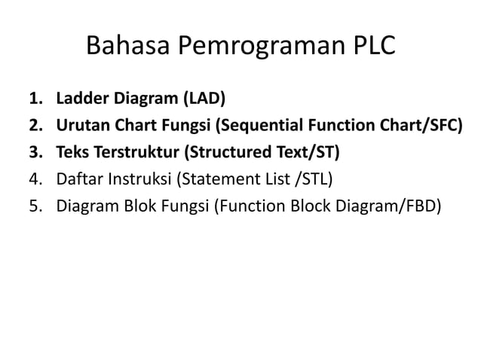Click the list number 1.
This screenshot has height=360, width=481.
[35, 99]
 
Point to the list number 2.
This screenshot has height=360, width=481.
[35, 125]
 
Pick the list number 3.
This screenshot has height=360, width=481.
[35, 152]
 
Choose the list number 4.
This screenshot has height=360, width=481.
[35, 178]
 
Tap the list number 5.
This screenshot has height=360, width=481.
[35, 205]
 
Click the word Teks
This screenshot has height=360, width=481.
[72, 152]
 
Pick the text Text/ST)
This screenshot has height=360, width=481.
[308, 152]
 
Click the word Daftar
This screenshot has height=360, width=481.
[77, 178]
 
